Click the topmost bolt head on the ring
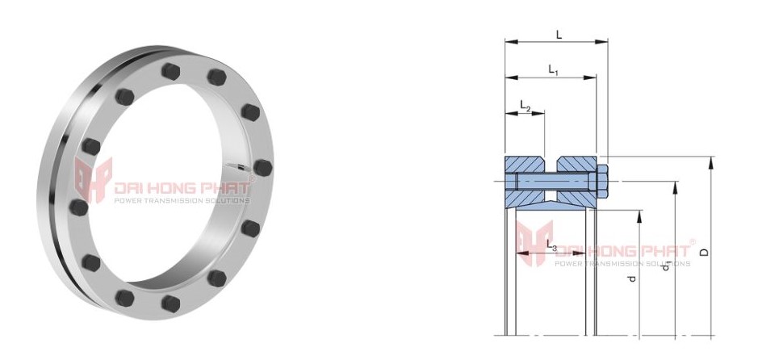click(x=171, y=70)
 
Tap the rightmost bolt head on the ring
click(x=261, y=167)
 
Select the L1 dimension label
click(x=554, y=70)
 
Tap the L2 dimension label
click(x=525, y=106)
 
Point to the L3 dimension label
click(x=551, y=244)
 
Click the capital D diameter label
click(x=704, y=252)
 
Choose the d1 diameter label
click(x=666, y=266)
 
